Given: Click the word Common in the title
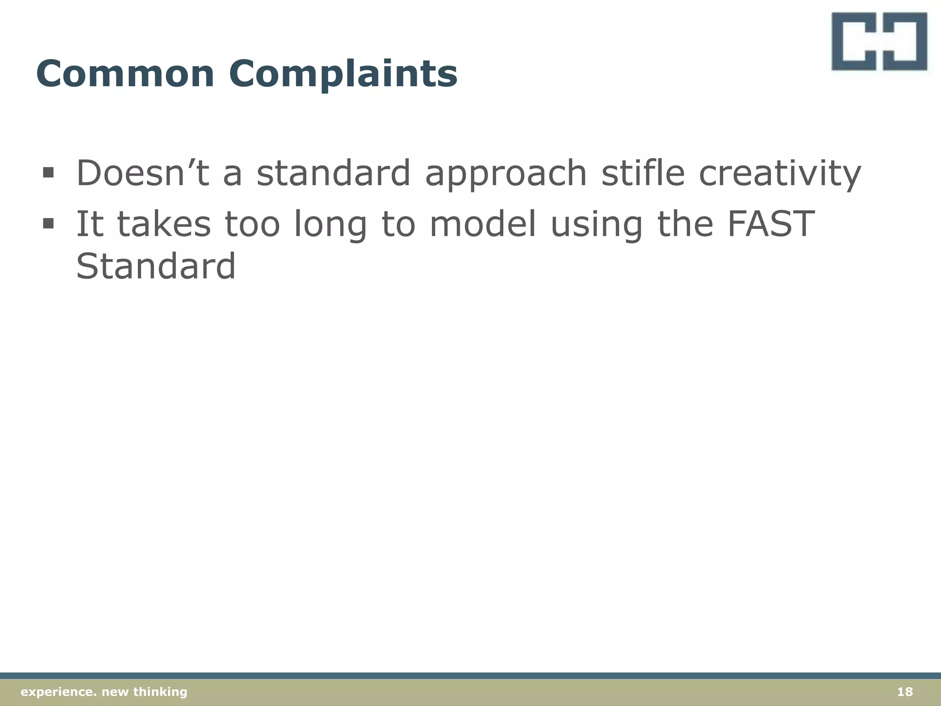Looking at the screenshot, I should click(125, 74).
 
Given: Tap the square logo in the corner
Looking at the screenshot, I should click(879, 41).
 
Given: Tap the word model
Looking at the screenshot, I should click(482, 224).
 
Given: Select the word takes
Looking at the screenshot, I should click(164, 224).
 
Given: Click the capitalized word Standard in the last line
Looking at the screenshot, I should click(156, 266).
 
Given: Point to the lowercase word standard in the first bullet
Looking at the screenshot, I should click(333, 173).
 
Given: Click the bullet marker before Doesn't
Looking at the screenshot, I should click(48, 173).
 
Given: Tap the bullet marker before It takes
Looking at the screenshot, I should click(48, 224).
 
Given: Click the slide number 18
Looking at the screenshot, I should click(905, 692).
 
